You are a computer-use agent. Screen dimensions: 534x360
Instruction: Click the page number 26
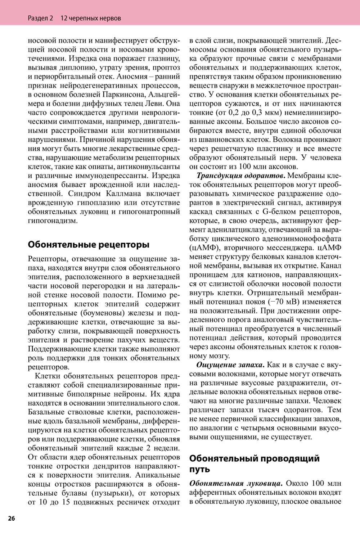[12, 519]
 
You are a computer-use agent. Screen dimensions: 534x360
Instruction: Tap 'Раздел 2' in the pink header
[40, 18]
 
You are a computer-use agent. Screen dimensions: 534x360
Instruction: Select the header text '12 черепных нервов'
[90, 18]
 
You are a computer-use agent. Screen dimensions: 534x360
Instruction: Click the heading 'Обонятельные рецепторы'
[89, 245]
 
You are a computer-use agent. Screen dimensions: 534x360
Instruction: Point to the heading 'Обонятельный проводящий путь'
[254, 463]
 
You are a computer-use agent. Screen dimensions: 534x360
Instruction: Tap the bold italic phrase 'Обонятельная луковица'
[235, 483]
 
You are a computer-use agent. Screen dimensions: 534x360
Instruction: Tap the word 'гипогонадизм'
[53, 221]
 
